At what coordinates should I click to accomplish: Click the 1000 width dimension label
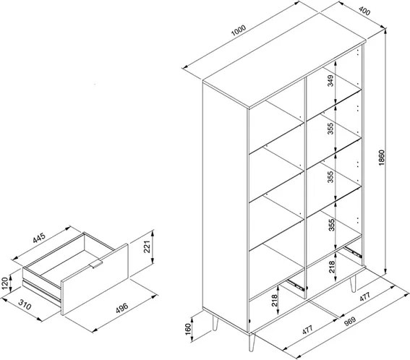(x=239, y=30)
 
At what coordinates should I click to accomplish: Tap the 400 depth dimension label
(x=364, y=11)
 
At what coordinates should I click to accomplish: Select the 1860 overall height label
(x=382, y=158)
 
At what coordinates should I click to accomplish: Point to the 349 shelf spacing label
(x=330, y=80)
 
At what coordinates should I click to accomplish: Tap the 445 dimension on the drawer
(x=39, y=238)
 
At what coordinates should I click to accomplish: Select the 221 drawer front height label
(x=148, y=247)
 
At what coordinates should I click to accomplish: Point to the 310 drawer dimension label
(x=25, y=304)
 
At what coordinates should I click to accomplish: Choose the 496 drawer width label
(x=122, y=308)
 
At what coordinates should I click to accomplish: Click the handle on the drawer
(x=95, y=264)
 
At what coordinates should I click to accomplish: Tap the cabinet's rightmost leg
(x=353, y=284)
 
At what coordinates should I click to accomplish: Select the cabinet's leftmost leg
(x=215, y=323)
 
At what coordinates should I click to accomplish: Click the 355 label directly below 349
(x=330, y=129)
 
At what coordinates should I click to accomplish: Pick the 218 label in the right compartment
(x=332, y=267)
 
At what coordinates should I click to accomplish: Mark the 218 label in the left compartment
(x=274, y=301)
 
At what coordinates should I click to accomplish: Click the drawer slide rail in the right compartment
(x=353, y=251)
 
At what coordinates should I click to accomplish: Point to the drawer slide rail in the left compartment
(x=296, y=285)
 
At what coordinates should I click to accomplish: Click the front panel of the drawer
(x=95, y=279)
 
